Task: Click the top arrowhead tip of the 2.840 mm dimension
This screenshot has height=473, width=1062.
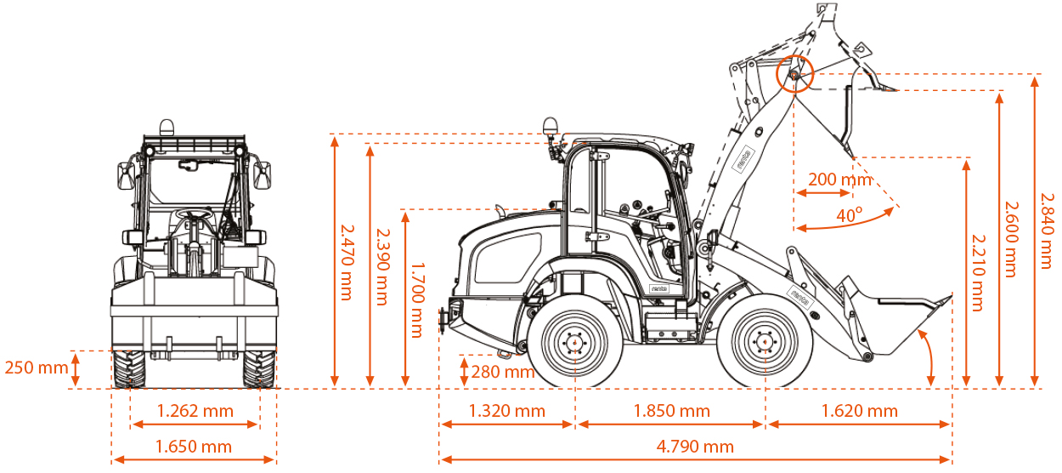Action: pyautogui.click(x=1035, y=77)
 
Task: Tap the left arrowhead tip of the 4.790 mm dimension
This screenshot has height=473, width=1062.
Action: pyautogui.click(x=440, y=459)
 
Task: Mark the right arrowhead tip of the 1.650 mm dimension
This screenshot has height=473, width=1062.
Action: pyautogui.click(x=275, y=459)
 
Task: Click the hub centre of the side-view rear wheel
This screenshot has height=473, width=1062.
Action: pyautogui.click(x=574, y=342)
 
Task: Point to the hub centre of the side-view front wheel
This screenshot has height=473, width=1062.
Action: pyautogui.click(x=765, y=342)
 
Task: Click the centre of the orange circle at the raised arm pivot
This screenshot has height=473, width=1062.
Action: pyautogui.click(x=794, y=74)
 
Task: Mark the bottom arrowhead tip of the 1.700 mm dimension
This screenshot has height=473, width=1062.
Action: pyautogui.click(x=405, y=386)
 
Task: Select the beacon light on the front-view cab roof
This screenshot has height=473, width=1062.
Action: pyautogui.click(x=167, y=128)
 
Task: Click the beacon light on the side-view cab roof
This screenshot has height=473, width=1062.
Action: pyautogui.click(x=551, y=125)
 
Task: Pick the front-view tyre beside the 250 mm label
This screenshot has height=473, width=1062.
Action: pyautogui.click(x=129, y=369)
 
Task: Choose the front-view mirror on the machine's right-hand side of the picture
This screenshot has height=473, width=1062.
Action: pyautogui.click(x=263, y=175)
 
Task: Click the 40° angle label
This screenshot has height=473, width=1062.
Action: pyautogui.click(x=849, y=215)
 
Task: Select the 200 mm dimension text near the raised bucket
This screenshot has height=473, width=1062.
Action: pyautogui.click(x=840, y=180)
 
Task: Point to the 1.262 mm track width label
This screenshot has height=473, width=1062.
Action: pyautogui.click(x=195, y=411)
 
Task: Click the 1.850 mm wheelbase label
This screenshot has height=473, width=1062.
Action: pyautogui.click(x=672, y=411)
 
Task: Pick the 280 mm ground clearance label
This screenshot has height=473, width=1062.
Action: pyautogui.click(x=503, y=372)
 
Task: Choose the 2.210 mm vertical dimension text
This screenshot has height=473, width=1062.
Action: pyautogui.click(x=979, y=273)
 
